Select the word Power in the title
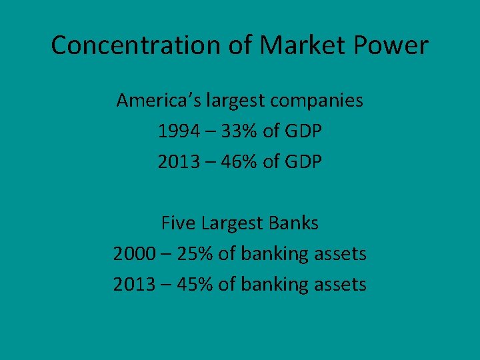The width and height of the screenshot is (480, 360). pyautogui.click(x=391, y=45)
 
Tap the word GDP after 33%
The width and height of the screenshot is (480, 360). pyautogui.click(x=301, y=131)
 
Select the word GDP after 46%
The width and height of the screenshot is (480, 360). pyautogui.click(x=301, y=162)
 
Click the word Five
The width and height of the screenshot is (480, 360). pyautogui.click(x=177, y=223)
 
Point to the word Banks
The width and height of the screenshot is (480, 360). pyautogui.click(x=293, y=223)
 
